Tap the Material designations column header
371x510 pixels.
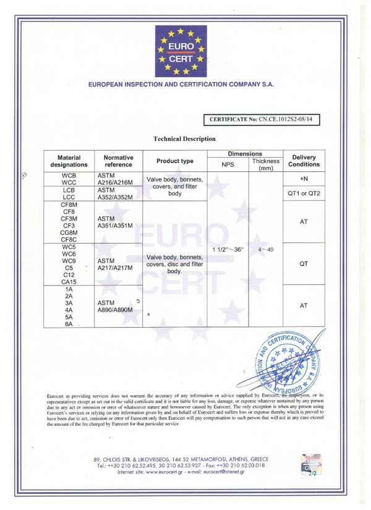pyautogui.click(x=69, y=161)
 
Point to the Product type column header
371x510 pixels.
pyautogui.click(x=174, y=161)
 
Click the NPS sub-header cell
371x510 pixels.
pyautogui.click(x=228, y=165)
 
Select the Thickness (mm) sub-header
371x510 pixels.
pyautogui.click(x=265, y=164)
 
